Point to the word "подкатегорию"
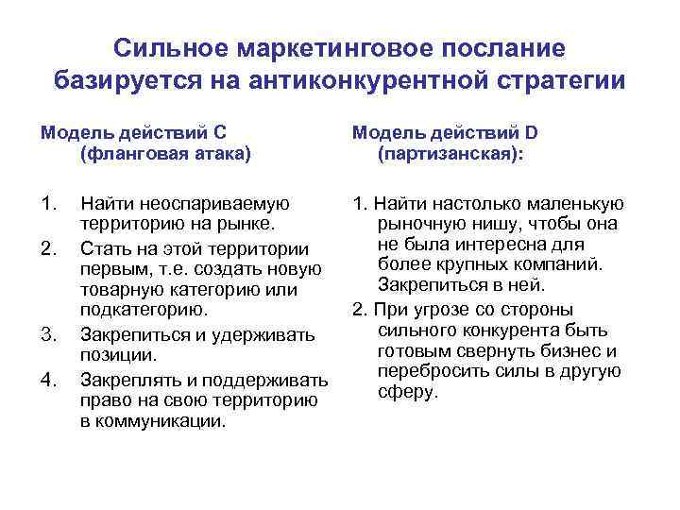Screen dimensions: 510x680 (x=143, y=312)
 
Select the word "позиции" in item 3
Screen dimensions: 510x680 (x=116, y=355)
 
